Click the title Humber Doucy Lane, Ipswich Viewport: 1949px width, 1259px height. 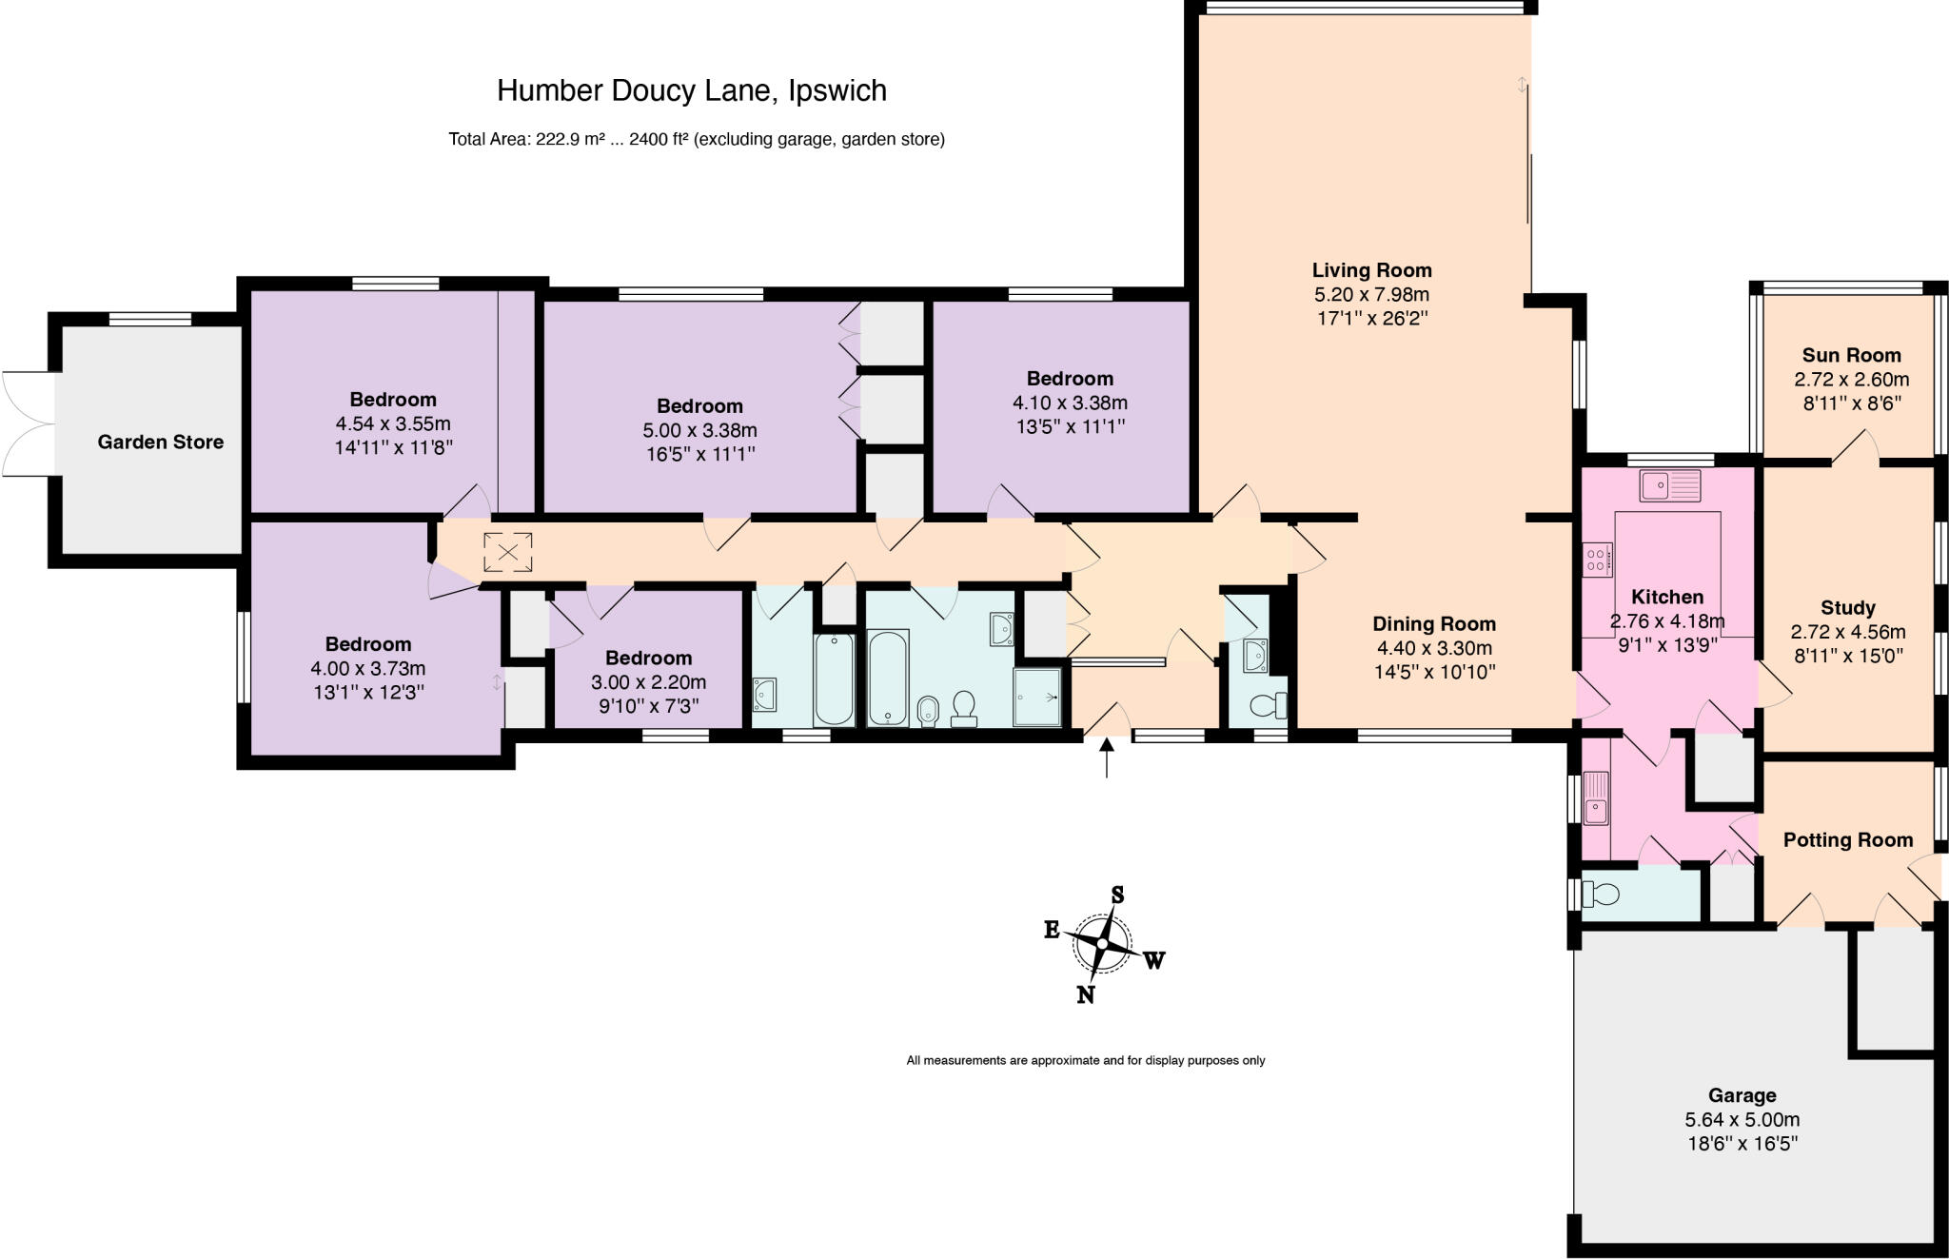click(692, 90)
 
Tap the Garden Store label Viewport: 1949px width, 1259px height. click(161, 442)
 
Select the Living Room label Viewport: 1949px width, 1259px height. click(1371, 270)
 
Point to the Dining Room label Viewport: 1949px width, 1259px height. click(1434, 624)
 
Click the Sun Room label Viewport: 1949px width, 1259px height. click(1851, 355)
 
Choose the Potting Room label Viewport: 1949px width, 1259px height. click(1847, 839)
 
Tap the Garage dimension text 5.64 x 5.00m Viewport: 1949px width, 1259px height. click(1742, 1120)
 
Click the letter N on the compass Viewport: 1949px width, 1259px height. click(1085, 994)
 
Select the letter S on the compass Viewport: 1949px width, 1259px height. click(1118, 895)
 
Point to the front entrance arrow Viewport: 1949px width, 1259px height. click(1107, 758)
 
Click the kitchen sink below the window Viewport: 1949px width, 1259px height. click(1669, 486)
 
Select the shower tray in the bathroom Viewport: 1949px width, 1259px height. click(1037, 698)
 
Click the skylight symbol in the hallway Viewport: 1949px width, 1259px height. click(507, 552)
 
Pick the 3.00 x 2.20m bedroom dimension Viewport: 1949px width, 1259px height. click(648, 682)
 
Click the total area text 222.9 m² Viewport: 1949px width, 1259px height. click(571, 140)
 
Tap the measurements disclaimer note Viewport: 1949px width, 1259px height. click(1086, 1060)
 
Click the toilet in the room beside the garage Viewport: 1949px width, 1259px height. click(1601, 894)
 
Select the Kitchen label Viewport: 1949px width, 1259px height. click(1667, 598)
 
